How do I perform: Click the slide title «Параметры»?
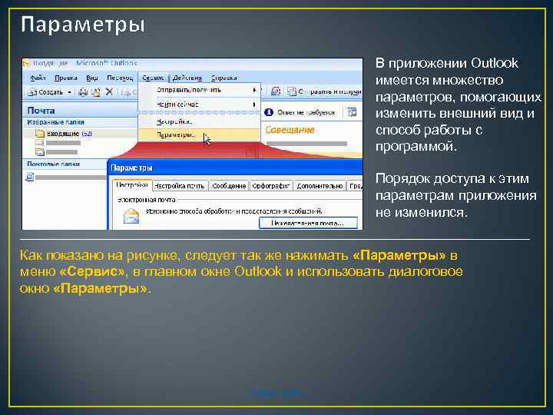click(82, 25)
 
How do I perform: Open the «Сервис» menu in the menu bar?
click(153, 78)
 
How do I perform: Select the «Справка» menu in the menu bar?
click(224, 78)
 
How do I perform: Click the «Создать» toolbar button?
click(50, 91)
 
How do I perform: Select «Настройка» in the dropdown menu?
click(174, 121)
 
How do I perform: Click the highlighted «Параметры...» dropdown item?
click(176, 135)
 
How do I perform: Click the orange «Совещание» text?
click(290, 130)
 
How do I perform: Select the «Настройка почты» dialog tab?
click(180, 185)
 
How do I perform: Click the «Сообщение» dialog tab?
click(229, 185)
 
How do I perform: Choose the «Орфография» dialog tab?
click(270, 185)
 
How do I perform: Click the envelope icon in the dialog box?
click(131, 217)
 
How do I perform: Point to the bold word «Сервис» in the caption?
click(92, 273)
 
